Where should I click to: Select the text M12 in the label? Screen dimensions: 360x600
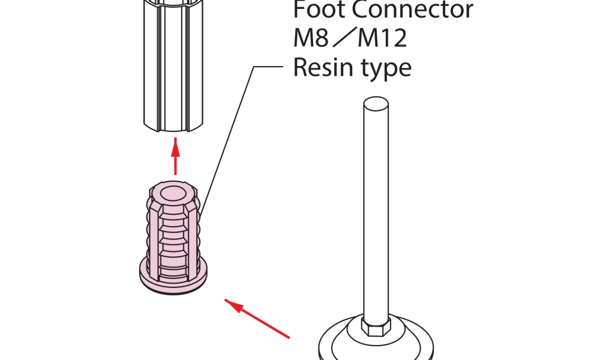(383, 39)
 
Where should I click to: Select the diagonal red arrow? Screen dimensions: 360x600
(258, 316)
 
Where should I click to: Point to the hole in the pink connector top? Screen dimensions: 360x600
(175, 193)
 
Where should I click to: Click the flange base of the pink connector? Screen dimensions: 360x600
(174, 280)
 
